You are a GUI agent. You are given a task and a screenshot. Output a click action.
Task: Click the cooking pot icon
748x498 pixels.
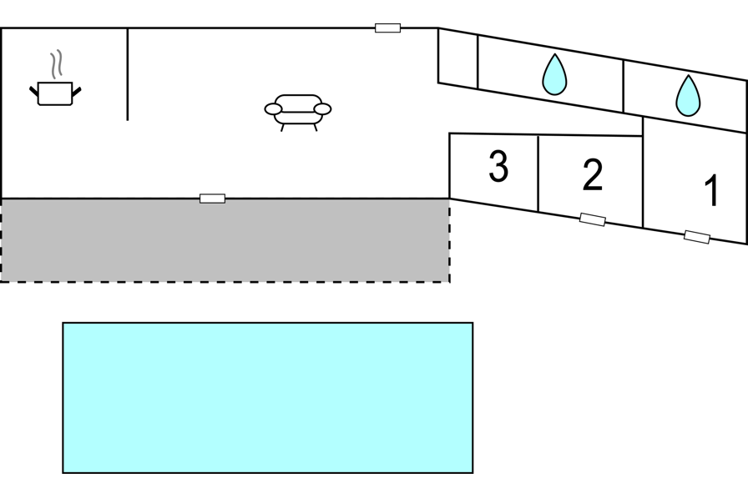coord(55,93)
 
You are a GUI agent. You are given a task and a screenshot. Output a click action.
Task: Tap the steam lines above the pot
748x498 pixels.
coord(56,64)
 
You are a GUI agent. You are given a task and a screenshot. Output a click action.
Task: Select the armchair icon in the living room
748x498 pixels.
coord(298,113)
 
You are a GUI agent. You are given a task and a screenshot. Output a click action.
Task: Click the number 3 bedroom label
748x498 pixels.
coord(498,166)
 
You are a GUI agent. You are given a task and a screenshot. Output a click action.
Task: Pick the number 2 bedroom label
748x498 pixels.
coord(593,175)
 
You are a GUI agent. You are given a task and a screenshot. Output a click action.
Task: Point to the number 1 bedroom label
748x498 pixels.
coord(711,190)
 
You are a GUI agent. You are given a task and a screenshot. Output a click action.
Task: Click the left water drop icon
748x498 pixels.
coord(554,74)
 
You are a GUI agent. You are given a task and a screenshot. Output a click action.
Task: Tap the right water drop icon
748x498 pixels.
coord(688,95)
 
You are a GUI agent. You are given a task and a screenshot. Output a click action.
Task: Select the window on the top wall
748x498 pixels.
coord(388,28)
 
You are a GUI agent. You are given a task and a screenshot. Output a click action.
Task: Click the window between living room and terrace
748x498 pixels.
coord(212,199)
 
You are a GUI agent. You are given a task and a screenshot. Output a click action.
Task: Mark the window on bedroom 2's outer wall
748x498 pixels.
coord(593,219)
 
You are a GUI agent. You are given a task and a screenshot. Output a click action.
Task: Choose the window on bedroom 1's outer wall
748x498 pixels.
coord(696,237)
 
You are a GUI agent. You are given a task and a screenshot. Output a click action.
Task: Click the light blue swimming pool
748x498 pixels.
coord(268,398)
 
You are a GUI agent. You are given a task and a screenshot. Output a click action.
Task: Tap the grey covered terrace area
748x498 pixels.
coord(225,240)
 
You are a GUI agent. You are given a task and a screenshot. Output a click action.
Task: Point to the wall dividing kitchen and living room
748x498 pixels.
coord(128,74)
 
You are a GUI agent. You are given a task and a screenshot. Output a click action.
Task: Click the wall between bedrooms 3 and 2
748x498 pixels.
coord(538,174)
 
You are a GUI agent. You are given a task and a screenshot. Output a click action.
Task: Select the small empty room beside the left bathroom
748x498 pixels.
coord(458,58)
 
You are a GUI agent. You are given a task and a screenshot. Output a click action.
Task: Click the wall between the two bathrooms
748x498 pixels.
coord(623,87)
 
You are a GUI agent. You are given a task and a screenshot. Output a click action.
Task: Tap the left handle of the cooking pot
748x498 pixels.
coord(34,91)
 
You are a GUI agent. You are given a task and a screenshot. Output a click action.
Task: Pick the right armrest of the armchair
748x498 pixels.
coord(323,109)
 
